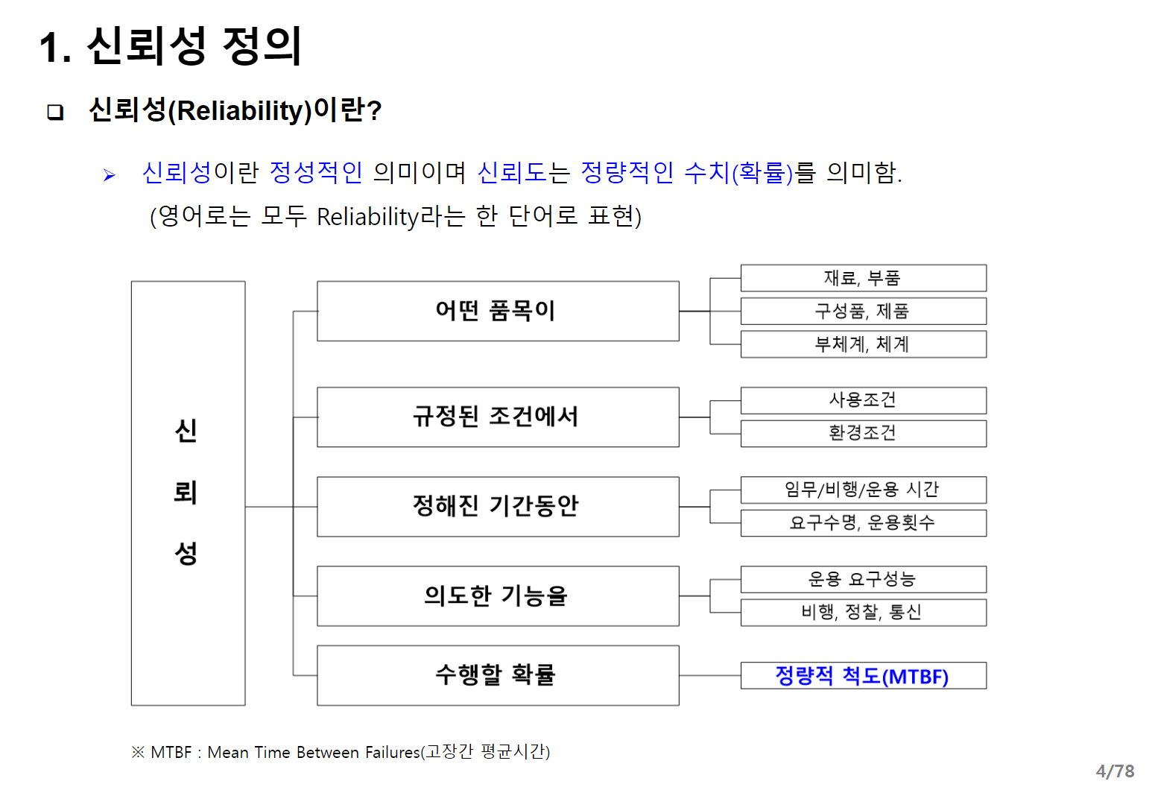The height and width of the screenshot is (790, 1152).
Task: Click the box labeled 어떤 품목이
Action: click(497, 311)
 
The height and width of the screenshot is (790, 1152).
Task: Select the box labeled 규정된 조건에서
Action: click(497, 417)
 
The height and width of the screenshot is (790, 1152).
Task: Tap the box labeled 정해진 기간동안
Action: click(497, 506)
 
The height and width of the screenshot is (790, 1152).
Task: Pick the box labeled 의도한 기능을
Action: click(497, 595)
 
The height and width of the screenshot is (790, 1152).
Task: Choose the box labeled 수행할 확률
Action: click(497, 675)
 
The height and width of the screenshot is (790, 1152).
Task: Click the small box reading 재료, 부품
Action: click(863, 278)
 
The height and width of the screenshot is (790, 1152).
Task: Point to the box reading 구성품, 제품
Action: click(863, 311)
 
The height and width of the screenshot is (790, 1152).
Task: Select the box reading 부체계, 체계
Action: click(863, 344)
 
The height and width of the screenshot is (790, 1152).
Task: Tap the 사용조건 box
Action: click(863, 400)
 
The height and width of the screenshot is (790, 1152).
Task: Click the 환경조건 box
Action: click(863, 433)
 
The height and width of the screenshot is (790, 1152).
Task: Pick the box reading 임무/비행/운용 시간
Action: click(863, 490)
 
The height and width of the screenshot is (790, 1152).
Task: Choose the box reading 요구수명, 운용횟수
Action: click(863, 522)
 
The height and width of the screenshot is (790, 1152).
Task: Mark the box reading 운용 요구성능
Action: click(863, 579)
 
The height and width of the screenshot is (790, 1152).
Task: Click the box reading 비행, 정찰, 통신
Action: click(863, 612)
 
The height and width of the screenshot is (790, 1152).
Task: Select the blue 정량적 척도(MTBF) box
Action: click(863, 676)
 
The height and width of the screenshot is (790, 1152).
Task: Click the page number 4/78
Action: click(1115, 771)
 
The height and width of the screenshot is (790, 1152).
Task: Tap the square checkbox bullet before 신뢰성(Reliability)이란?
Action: click(55, 113)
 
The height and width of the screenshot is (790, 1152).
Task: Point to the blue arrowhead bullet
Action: click(110, 176)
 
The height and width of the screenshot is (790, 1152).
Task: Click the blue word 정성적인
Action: click(316, 172)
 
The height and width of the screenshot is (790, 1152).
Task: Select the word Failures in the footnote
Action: click(392, 752)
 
